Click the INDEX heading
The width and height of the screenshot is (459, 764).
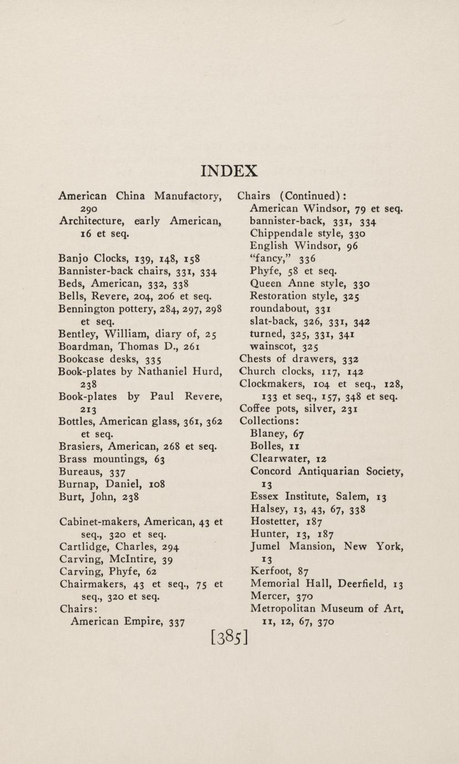229,171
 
